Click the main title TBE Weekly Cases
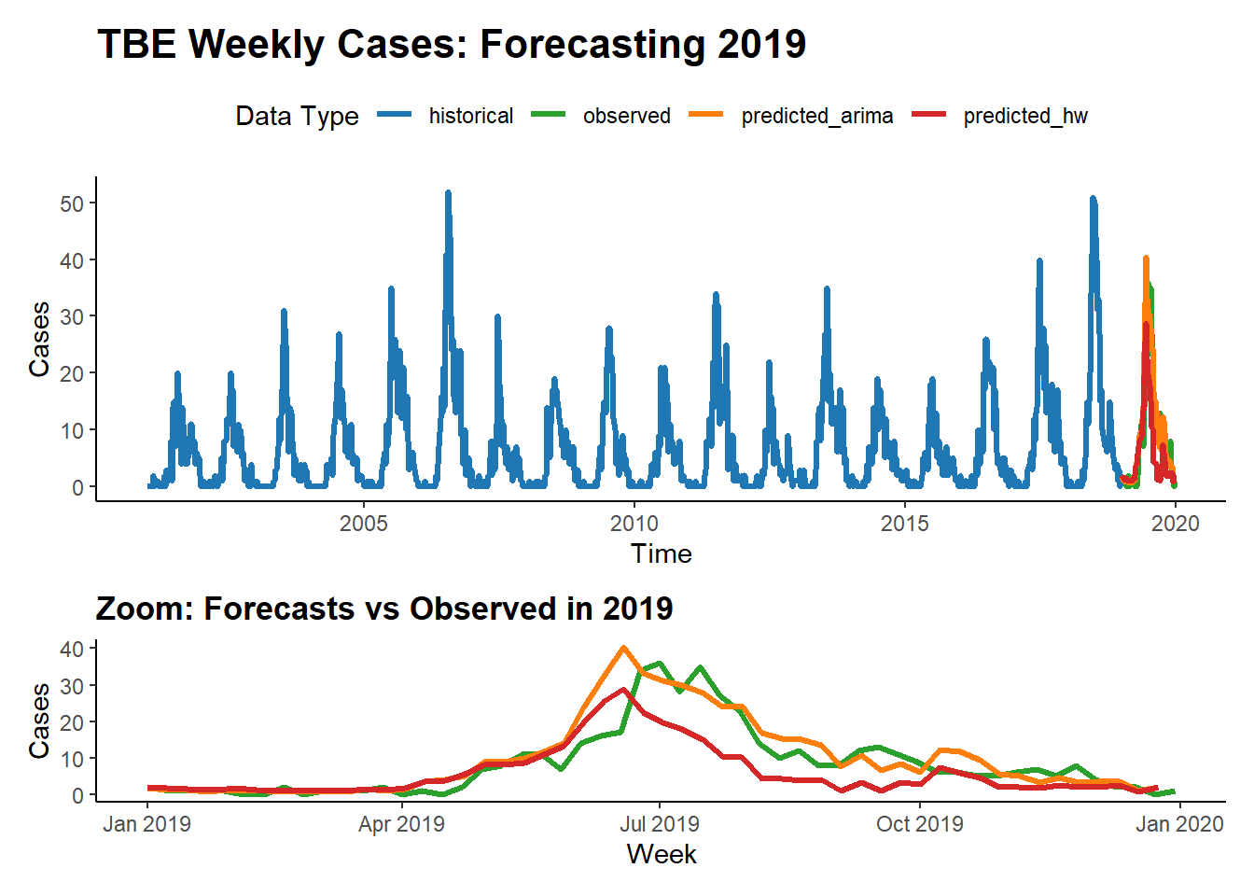point(452,44)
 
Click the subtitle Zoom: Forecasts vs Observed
point(383,609)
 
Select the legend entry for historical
point(470,116)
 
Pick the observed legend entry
point(626,116)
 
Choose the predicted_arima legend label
point(816,116)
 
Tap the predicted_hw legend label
point(1025,116)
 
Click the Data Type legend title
point(297,116)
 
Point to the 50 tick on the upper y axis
point(72,203)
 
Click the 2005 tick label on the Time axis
point(364,524)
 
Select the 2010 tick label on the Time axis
point(634,524)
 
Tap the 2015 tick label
point(905,524)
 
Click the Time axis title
point(661,553)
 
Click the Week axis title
point(661,854)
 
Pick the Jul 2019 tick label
point(660,824)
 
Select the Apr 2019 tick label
point(401,824)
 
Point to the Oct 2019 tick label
point(920,824)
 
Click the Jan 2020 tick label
point(1179,824)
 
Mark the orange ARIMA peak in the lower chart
point(623,648)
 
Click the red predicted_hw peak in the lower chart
point(623,690)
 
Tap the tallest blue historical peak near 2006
point(448,193)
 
